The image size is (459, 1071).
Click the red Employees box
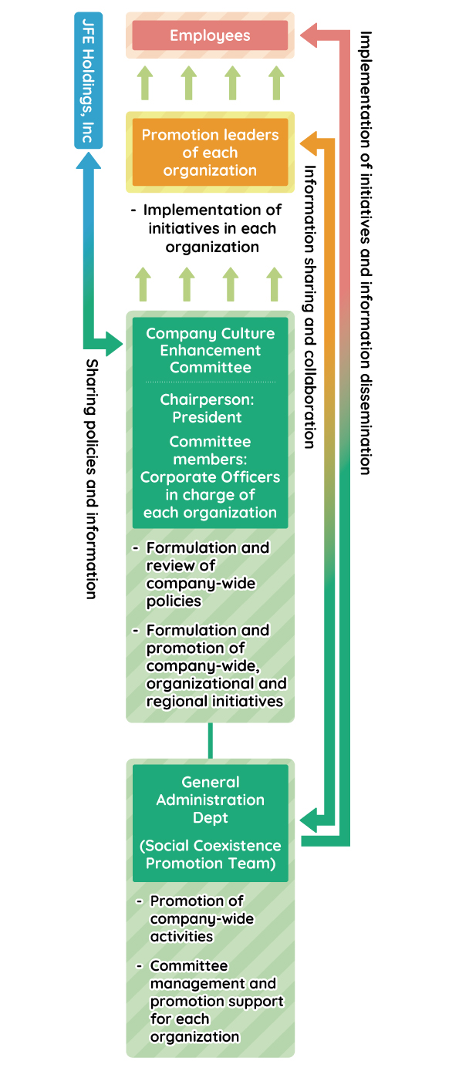tap(210, 35)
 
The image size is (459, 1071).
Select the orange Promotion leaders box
tap(210, 152)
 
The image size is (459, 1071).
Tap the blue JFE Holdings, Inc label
tap(88, 80)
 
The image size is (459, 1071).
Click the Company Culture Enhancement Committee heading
tap(210, 350)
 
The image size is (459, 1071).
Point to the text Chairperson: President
tap(207, 409)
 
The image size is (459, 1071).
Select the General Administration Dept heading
tap(210, 800)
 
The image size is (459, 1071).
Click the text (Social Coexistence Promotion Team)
tap(210, 854)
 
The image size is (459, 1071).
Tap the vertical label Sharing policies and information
tap(91, 478)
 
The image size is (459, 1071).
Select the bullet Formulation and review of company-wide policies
tap(207, 574)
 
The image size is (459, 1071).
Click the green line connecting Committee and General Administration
tap(209, 740)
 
